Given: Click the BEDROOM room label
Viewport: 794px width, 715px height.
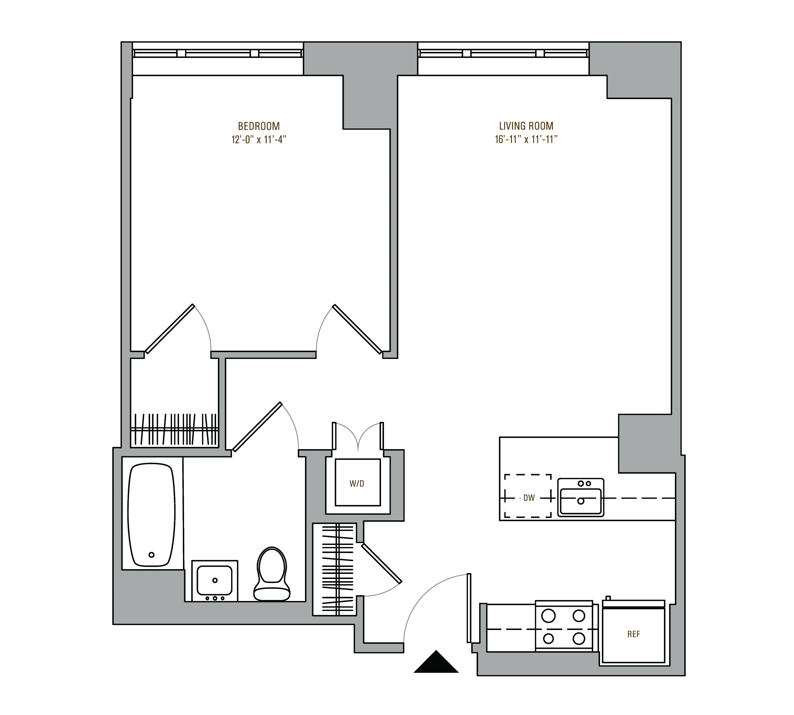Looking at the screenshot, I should (x=259, y=126).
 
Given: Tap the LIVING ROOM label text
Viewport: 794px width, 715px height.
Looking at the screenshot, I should (x=526, y=126).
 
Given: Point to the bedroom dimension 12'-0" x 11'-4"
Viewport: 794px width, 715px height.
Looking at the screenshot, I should (x=259, y=140).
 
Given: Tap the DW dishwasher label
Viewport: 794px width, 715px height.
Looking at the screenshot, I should (x=529, y=498).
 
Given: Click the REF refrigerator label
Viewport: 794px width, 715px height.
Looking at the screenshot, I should (x=633, y=634).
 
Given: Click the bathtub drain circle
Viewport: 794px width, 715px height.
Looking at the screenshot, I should (x=152, y=555).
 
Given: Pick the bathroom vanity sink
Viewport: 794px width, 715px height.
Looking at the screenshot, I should (x=214, y=580).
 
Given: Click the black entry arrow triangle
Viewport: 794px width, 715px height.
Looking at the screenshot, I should (x=436, y=663).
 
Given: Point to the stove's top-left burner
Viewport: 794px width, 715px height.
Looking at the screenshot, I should (x=548, y=616).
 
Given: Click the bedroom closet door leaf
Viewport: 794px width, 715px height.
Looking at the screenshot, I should (x=170, y=329).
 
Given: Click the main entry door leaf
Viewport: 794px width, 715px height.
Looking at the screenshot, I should (x=469, y=608).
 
